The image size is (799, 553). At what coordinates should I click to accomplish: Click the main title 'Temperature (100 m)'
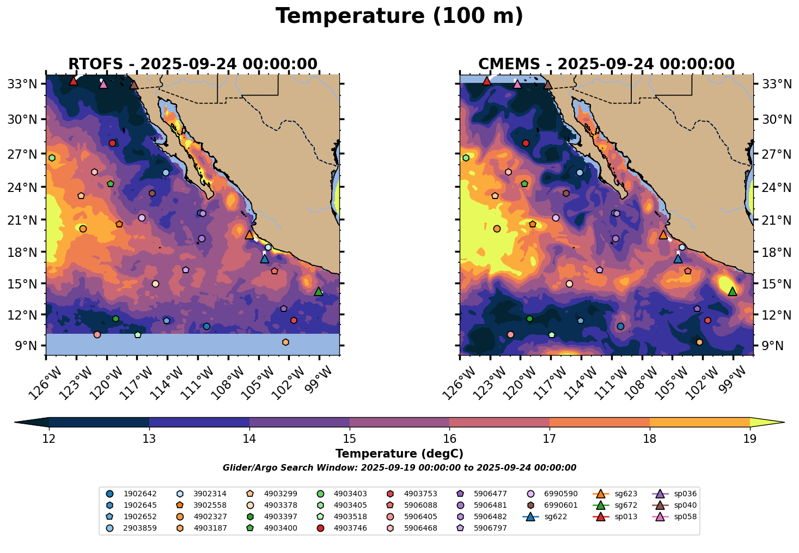click(x=399, y=16)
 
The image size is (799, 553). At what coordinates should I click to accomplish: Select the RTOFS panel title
click(x=192, y=64)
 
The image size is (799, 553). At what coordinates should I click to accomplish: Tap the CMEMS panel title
click(x=606, y=64)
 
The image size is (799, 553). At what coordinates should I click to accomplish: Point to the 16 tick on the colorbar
click(x=449, y=438)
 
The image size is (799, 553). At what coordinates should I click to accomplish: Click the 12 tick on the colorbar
click(x=49, y=438)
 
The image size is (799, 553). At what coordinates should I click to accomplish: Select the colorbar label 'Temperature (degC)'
click(x=399, y=454)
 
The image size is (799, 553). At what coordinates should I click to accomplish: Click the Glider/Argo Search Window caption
click(x=399, y=468)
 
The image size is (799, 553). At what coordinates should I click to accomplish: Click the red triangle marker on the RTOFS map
click(x=74, y=81)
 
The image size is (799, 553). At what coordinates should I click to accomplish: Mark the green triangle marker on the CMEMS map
click(x=733, y=292)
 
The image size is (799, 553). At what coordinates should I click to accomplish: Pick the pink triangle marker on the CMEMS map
click(x=517, y=85)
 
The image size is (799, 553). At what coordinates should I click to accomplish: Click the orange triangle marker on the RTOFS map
click(x=249, y=235)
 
